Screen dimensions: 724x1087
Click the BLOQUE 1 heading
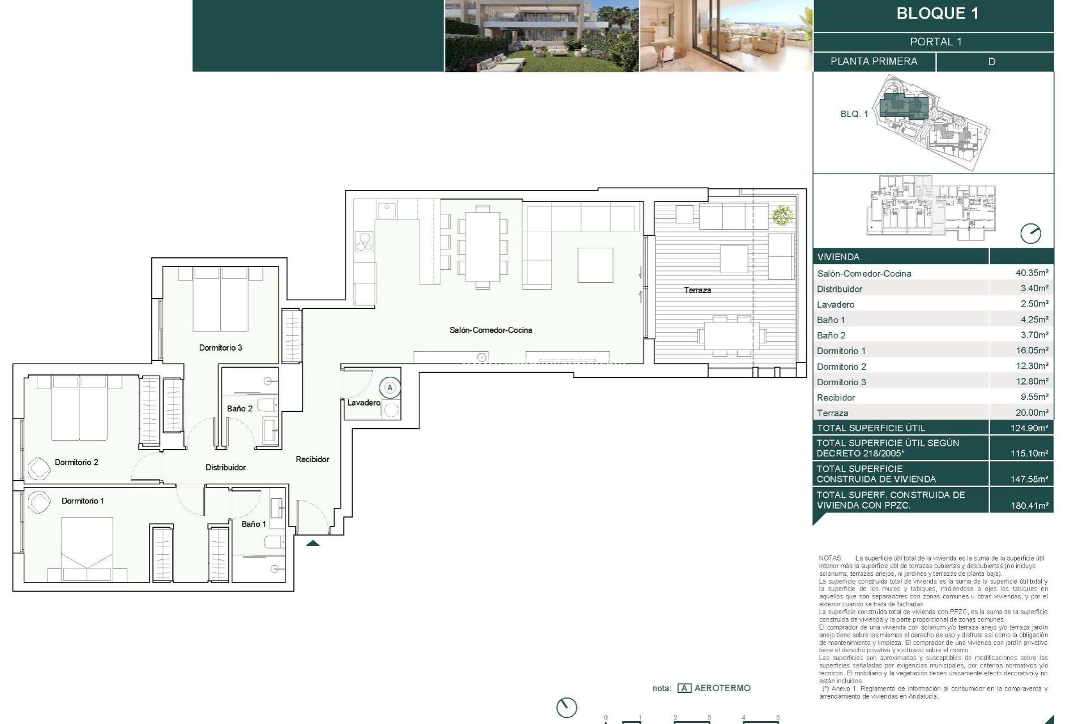tap(937, 14)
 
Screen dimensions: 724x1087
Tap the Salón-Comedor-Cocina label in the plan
tap(490, 330)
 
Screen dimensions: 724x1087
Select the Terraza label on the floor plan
tap(697, 290)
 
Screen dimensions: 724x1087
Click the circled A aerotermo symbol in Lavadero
tap(390, 388)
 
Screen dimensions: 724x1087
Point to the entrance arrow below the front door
tap(313, 543)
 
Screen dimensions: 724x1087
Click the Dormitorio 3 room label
tap(220, 347)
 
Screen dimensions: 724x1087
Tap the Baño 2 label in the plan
tap(239, 408)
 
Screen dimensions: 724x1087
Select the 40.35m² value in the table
tap(1031, 273)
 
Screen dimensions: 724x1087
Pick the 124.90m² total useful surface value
tap(1029, 428)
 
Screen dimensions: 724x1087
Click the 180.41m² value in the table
tap(1029, 506)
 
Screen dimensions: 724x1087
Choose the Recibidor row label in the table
tap(836, 398)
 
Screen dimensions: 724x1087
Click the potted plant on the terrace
tap(782, 215)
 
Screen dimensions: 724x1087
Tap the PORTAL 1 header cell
tap(935, 42)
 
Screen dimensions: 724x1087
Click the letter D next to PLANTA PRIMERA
tap(991, 62)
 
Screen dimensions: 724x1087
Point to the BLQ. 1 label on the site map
tap(854, 114)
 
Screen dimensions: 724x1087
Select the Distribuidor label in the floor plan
tap(225, 467)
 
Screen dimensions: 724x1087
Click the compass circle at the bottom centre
tap(566, 707)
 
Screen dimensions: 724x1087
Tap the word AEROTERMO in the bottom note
tap(722, 688)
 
